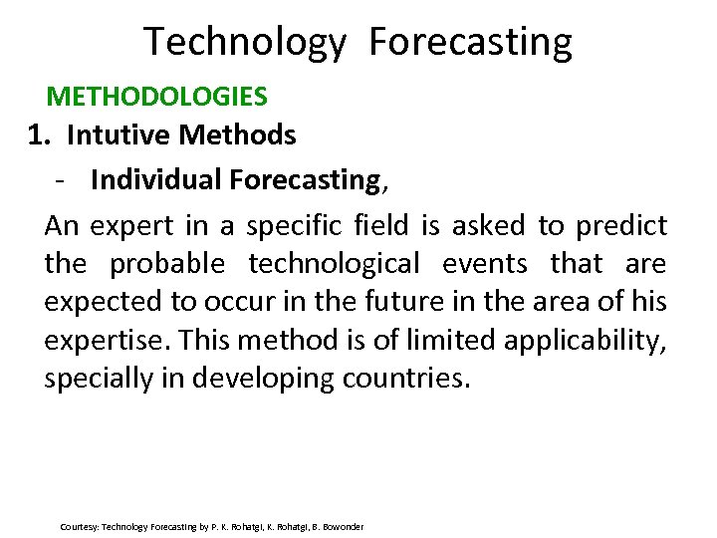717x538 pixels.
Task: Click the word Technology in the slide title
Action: (x=245, y=42)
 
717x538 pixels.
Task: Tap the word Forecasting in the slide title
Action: (x=470, y=42)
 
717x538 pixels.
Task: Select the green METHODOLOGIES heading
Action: (x=157, y=97)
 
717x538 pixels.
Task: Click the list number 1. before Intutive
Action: (x=39, y=134)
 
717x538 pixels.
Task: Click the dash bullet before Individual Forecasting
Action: (x=62, y=180)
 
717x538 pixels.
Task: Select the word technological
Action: (x=334, y=264)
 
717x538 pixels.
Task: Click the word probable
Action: (x=167, y=264)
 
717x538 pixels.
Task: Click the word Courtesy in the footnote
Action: (x=79, y=526)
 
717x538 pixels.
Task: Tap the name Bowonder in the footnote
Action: (x=343, y=526)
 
